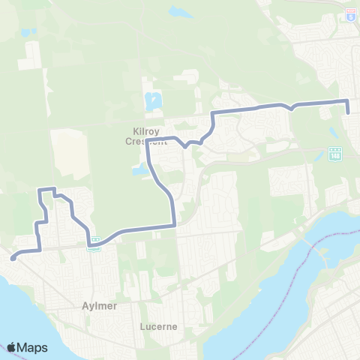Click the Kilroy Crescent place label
click(x=145, y=135)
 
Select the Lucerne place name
click(x=157, y=327)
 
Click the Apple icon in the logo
click(x=11, y=347)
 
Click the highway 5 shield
click(x=350, y=14)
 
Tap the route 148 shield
click(x=334, y=153)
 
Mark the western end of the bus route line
click(x=13, y=258)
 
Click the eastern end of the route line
click(x=348, y=113)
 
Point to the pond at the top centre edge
click(x=180, y=12)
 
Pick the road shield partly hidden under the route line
click(x=94, y=241)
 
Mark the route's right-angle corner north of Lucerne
click(x=174, y=223)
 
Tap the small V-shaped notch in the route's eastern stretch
click(x=292, y=107)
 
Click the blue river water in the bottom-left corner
click(x=22, y=307)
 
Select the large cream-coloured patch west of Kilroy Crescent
click(x=69, y=154)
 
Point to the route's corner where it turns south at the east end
click(x=347, y=100)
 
